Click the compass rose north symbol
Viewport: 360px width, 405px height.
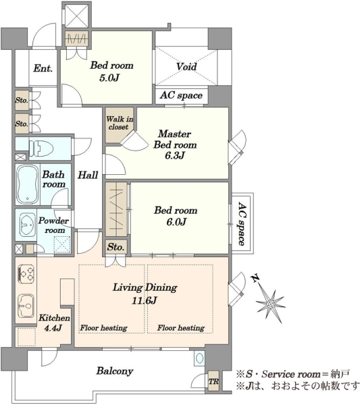click(x=270, y=301)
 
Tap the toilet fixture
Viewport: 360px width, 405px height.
click(x=41, y=148)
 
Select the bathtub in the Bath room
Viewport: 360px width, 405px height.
click(x=28, y=184)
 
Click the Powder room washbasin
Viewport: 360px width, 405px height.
click(x=28, y=225)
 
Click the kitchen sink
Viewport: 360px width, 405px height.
click(x=26, y=306)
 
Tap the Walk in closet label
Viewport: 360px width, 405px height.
click(x=120, y=123)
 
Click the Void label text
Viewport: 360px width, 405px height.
click(x=186, y=66)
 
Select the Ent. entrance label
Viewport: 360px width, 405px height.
click(x=43, y=68)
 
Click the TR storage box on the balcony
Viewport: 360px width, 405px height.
click(x=213, y=381)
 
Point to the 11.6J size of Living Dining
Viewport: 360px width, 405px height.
click(x=145, y=300)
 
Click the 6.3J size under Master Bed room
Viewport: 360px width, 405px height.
click(x=175, y=156)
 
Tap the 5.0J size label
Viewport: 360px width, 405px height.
click(x=109, y=78)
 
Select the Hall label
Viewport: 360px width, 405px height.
click(x=88, y=175)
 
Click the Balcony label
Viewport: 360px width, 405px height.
click(x=115, y=371)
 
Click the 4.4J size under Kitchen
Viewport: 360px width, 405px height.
click(x=53, y=328)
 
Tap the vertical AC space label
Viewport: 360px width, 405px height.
click(x=242, y=223)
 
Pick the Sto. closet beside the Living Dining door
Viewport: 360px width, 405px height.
click(x=115, y=247)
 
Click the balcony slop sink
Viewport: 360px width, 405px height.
click(x=199, y=358)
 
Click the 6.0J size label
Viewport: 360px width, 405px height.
click(x=176, y=222)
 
